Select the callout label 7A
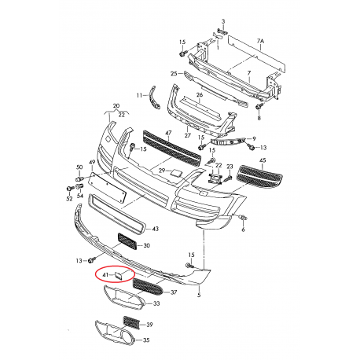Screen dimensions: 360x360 (x=261, y=39)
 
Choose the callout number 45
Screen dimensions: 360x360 (x=263, y=161)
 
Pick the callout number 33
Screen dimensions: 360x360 (x=156, y=303)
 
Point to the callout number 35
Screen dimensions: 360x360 (x=145, y=340)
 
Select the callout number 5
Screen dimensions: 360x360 (x=199, y=295)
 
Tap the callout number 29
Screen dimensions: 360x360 (x=163, y=171)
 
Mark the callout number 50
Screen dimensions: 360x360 (x=79, y=167)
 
